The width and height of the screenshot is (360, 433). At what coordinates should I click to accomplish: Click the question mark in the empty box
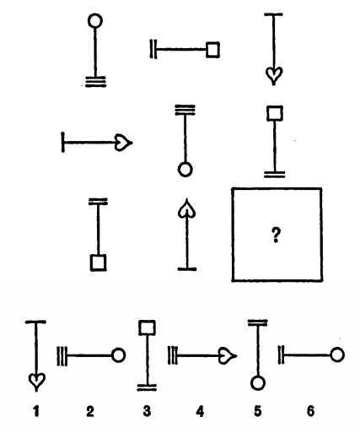(x=276, y=235)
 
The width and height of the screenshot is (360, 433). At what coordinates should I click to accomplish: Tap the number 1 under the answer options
(x=36, y=412)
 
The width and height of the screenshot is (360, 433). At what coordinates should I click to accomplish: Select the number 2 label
(x=90, y=412)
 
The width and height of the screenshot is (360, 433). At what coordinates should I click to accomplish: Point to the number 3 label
(x=147, y=412)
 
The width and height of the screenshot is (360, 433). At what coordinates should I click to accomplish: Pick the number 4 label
(x=200, y=412)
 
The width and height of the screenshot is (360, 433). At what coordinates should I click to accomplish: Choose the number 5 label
(x=258, y=412)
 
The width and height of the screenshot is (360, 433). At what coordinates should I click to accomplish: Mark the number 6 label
(x=310, y=412)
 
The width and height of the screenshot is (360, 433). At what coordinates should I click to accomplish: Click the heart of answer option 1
(x=36, y=382)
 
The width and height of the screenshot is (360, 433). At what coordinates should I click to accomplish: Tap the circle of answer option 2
(x=118, y=355)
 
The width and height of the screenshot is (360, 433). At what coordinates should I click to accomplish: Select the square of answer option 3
(x=147, y=327)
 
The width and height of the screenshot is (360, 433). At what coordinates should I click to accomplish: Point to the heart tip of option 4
(x=237, y=356)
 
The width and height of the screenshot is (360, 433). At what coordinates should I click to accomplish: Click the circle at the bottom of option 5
(x=258, y=383)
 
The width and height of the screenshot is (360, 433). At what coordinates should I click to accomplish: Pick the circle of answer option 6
(x=337, y=355)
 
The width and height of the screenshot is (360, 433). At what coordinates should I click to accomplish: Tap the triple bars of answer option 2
(x=62, y=356)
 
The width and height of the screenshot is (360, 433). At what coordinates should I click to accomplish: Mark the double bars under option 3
(x=147, y=387)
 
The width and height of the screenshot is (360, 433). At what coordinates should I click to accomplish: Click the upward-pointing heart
(x=186, y=208)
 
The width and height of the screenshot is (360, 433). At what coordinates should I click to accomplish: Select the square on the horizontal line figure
(x=212, y=50)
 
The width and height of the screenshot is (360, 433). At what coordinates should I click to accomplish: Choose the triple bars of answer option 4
(x=173, y=355)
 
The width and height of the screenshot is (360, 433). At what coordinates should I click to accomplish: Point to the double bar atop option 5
(x=257, y=322)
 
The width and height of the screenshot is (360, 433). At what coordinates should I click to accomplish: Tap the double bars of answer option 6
(x=282, y=355)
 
